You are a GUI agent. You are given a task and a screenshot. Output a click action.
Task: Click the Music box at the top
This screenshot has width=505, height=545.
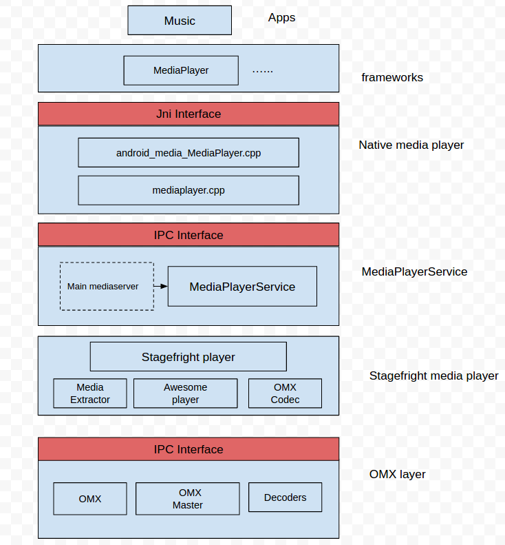pyautogui.click(x=180, y=21)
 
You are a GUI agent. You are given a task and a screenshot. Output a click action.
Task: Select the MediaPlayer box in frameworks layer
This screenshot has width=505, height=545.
pyautogui.click(x=181, y=70)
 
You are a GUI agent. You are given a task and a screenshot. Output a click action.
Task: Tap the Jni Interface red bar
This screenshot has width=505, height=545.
pyautogui.click(x=189, y=114)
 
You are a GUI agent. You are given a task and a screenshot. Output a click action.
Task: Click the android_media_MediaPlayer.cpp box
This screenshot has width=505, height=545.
pyautogui.click(x=189, y=152)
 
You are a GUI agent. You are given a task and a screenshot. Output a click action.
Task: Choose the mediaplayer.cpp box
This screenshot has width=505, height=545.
pyautogui.click(x=189, y=190)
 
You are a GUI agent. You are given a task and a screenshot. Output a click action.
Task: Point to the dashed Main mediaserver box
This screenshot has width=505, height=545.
pyautogui.click(x=107, y=286)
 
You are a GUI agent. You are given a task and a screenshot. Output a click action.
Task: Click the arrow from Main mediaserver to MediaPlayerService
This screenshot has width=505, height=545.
pyautogui.click(x=161, y=286)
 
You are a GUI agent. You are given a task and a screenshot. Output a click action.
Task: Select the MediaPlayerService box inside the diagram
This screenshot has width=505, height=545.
pyautogui.click(x=242, y=287)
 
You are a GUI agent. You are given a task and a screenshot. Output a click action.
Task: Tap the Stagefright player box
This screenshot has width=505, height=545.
pyautogui.click(x=189, y=357)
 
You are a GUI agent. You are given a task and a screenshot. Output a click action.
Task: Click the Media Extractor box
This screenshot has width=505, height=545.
pyautogui.click(x=90, y=393)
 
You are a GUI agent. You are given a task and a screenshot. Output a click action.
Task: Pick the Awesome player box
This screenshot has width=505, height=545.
pyautogui.click(x=185, y=393)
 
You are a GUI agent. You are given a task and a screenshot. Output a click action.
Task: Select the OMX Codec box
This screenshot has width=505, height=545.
pyautogui.click(x=285, y=393)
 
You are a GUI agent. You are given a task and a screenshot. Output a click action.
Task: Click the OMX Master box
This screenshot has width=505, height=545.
pyautogui.click(x=187, y=499)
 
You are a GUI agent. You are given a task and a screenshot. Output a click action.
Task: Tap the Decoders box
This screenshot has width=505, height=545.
pyautogui.click(x=285, y=497)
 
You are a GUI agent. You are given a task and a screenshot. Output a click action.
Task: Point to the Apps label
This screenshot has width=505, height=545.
pyautogui.click(x=281, y=18)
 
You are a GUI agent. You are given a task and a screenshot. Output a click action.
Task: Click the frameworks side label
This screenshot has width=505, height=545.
pyautogui.click(x=392, y=77)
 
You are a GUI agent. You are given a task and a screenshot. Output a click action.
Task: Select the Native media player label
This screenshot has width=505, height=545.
pyautogui.click(x=411, y=145)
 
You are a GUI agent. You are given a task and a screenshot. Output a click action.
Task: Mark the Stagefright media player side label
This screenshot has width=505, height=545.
pyautogui.click(x=433, y=376)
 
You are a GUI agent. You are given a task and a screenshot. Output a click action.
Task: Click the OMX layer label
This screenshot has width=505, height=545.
pyautogui.click(x=397, y=474)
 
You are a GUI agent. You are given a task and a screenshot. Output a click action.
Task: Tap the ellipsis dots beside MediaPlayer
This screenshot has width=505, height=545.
pyautogui.click(x=263, y=70)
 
